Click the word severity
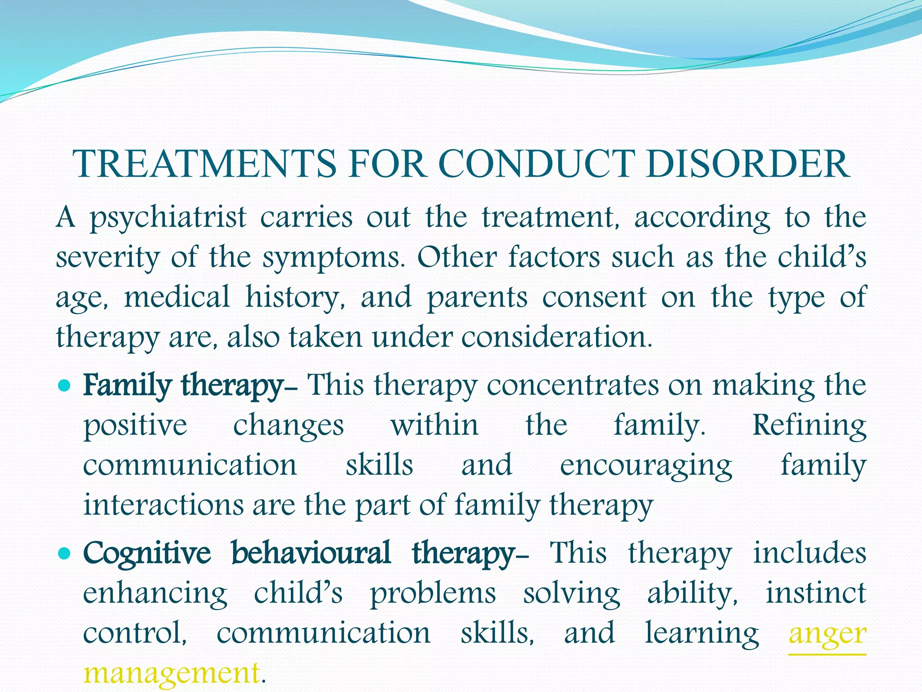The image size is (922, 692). tap(108, 258)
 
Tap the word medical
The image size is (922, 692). tap(176, 297)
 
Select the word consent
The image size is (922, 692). tap(594, 298)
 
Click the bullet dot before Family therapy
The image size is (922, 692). tap(65, 386)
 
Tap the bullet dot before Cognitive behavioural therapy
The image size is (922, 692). tap(65, 553)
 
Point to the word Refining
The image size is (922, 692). tap(809, 425)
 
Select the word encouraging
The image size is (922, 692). tap(646, 466)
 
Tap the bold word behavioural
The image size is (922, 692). tap(311, 553)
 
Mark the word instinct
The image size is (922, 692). tap(816, 593)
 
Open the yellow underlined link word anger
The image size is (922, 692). tap(827, 633)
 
